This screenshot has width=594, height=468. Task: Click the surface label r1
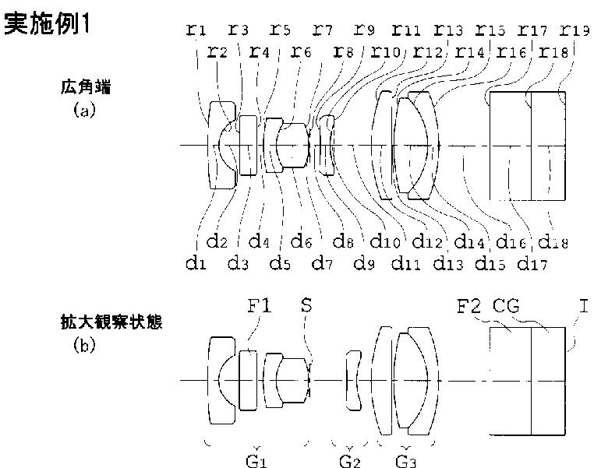[196, 30]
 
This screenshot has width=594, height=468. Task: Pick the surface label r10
[387, 52]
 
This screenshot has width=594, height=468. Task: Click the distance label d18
[554, 242]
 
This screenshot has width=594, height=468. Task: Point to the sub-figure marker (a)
[83, 111]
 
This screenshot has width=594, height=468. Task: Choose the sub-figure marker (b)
[83, 344]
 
